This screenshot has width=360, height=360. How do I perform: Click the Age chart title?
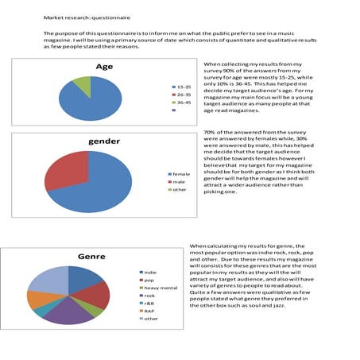[103, 67]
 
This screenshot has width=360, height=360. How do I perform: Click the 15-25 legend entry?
[181, 86]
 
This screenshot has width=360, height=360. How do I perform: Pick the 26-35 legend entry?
[181, 95]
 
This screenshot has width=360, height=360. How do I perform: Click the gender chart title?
[103, 142]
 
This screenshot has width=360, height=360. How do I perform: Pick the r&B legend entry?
[147, 304]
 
